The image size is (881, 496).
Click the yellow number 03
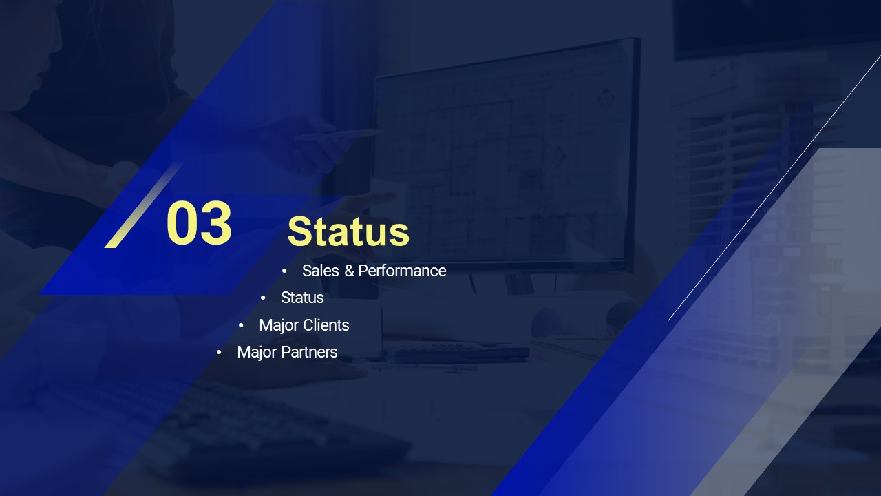(x=199, y=223)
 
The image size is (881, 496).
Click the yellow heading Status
(x=348, y=231)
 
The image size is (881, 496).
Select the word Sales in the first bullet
(x=321, y=271)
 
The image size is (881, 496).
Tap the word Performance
(x=402, y=271)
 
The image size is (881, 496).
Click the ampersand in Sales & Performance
(x=349, y=271)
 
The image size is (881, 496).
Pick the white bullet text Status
(x=302, y=298)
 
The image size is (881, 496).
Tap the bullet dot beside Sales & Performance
(x=284, y=271)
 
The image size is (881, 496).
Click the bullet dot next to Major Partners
(x=219, y=352)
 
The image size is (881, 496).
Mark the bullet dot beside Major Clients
(x=241, y=326)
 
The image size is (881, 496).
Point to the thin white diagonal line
(x=774, y=188)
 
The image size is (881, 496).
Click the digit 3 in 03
(x=216, y=223)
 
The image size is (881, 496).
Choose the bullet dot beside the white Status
(x=263, y=298)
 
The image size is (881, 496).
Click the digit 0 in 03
(x=182, y=223)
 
